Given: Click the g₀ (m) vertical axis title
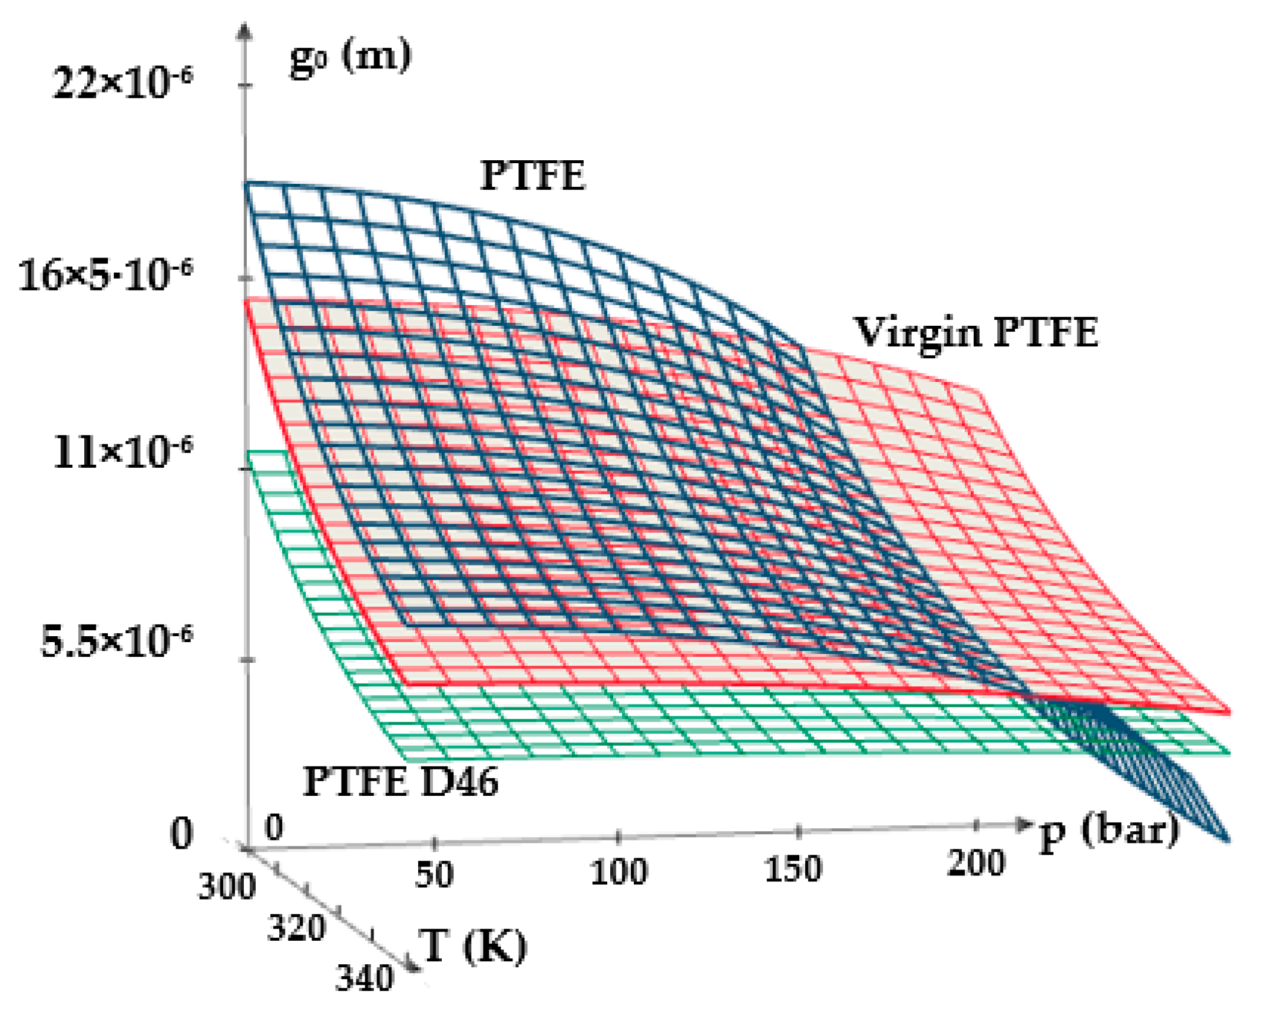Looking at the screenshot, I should [350, 57].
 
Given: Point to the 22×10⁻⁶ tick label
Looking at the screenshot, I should [123, 82].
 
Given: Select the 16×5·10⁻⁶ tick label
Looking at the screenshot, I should [105, 275].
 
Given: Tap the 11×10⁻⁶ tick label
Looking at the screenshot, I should [123, 452].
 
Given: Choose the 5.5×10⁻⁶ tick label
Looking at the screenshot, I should [116, 641].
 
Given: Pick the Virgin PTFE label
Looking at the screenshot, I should [976, 333].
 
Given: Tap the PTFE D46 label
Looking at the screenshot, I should [401, 782].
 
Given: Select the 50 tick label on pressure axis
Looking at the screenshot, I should [434, 875].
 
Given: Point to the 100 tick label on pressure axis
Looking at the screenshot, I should [618, 872].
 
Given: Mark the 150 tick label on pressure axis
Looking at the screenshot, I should [793, 869].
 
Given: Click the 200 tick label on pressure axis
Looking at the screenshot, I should [976, 864].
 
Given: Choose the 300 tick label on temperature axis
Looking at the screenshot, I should [226, 887].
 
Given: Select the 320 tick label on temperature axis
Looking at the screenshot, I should [296, 928].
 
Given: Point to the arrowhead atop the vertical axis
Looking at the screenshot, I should [244, 31].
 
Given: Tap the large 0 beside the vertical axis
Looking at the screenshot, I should [181, 834].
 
